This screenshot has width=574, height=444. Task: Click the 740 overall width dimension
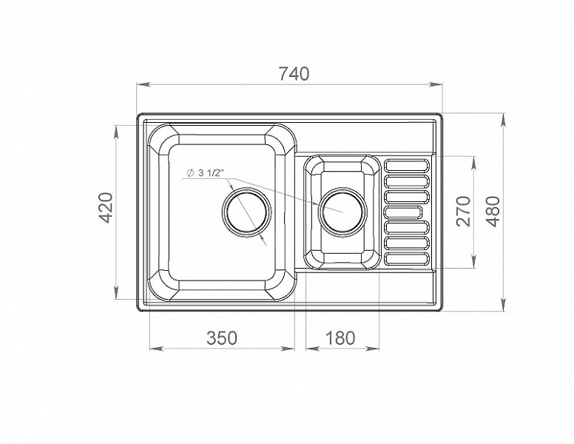point(294,74)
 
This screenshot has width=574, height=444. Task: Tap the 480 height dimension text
point(494,212)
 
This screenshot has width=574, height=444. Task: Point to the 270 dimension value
point(464,212)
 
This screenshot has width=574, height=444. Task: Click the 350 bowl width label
point(222,337)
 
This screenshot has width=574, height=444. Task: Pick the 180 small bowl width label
point(340,337)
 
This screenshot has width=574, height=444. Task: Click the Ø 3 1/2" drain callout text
point(205,173)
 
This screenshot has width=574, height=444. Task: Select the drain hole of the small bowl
point(342,212)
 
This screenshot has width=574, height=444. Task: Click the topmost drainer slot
point(406,165)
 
